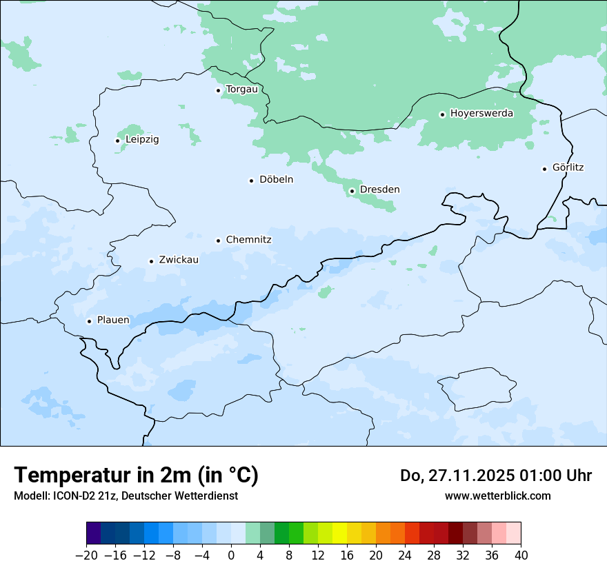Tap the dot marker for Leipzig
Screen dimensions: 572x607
[117, 141]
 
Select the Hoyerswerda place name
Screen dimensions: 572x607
[481, 114]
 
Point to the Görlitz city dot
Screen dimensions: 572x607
[545, 168]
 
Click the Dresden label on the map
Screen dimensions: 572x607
[379, 190]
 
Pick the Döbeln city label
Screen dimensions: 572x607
[276, 180]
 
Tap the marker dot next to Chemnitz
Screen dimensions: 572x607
[219, 241]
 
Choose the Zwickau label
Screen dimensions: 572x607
[179, 260]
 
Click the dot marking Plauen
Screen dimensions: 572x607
[89, 321]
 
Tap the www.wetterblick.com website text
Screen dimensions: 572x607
[497, 496]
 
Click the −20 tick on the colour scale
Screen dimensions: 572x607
[86, 555]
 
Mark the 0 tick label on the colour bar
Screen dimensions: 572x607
[231, 555]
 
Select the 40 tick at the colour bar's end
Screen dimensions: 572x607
[521, 555]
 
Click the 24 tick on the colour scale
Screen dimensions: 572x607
[405, 555]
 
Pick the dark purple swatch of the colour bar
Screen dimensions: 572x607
[94, 534]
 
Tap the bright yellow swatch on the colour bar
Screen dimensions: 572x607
[339, 534]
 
